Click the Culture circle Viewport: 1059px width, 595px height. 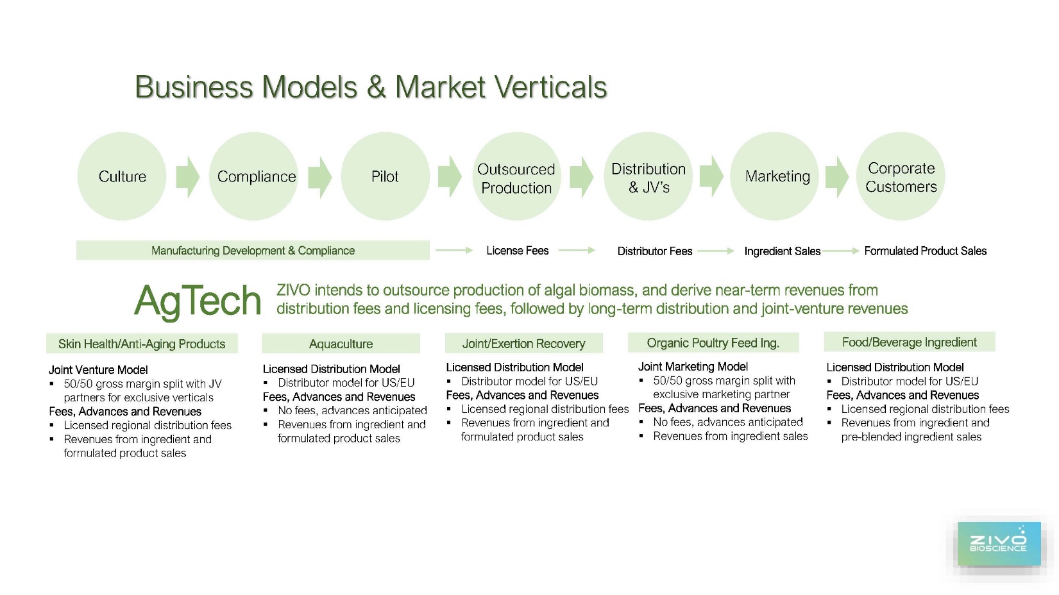(122, 176)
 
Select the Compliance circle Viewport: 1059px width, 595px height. (254, 176)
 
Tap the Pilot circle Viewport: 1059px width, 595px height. (385, 176)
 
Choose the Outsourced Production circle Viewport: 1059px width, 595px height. (517, 176)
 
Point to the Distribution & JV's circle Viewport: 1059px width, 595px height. (648, 176)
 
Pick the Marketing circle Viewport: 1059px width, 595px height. (774, 176)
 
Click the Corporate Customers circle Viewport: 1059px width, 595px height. (901, 176)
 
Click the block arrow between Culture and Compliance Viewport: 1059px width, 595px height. (188, 177)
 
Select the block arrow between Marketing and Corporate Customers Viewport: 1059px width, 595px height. (837, 177)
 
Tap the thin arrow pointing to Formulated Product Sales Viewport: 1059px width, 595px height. (840, 251)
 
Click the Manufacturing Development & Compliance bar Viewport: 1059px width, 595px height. (253, 250)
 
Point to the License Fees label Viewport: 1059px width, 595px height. (517, 251)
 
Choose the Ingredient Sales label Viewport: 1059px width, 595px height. (783, 251)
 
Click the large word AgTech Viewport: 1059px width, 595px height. (198, 301)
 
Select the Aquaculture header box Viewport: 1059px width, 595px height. (341, 344)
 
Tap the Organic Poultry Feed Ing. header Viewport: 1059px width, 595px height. (713, 342)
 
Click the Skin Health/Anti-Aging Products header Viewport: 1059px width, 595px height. (142, 344)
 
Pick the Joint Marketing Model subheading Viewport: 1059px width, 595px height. (693, 366)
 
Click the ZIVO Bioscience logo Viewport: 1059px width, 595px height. (999, 544)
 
